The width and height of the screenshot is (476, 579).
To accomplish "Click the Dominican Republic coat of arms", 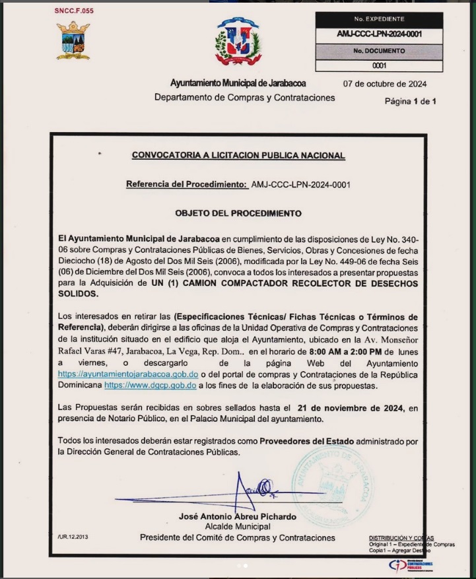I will (x=238, y=42).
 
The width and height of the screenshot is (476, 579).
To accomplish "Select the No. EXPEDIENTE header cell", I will (x=379, y=19).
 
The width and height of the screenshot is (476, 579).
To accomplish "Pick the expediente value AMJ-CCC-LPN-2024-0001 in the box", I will (x=379, y=34).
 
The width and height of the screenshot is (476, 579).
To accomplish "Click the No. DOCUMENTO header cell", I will (x=379, y=50).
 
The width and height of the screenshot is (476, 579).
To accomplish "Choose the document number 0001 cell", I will (x=379, y=65).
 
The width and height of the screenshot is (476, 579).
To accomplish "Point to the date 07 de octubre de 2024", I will (x=384, y=84).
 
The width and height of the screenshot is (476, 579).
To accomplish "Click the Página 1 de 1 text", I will (x=411, y=101).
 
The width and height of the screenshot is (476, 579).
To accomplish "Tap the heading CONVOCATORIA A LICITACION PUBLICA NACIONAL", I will (x=238, y=156).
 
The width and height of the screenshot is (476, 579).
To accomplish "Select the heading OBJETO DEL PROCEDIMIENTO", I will (x=238, y=213).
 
